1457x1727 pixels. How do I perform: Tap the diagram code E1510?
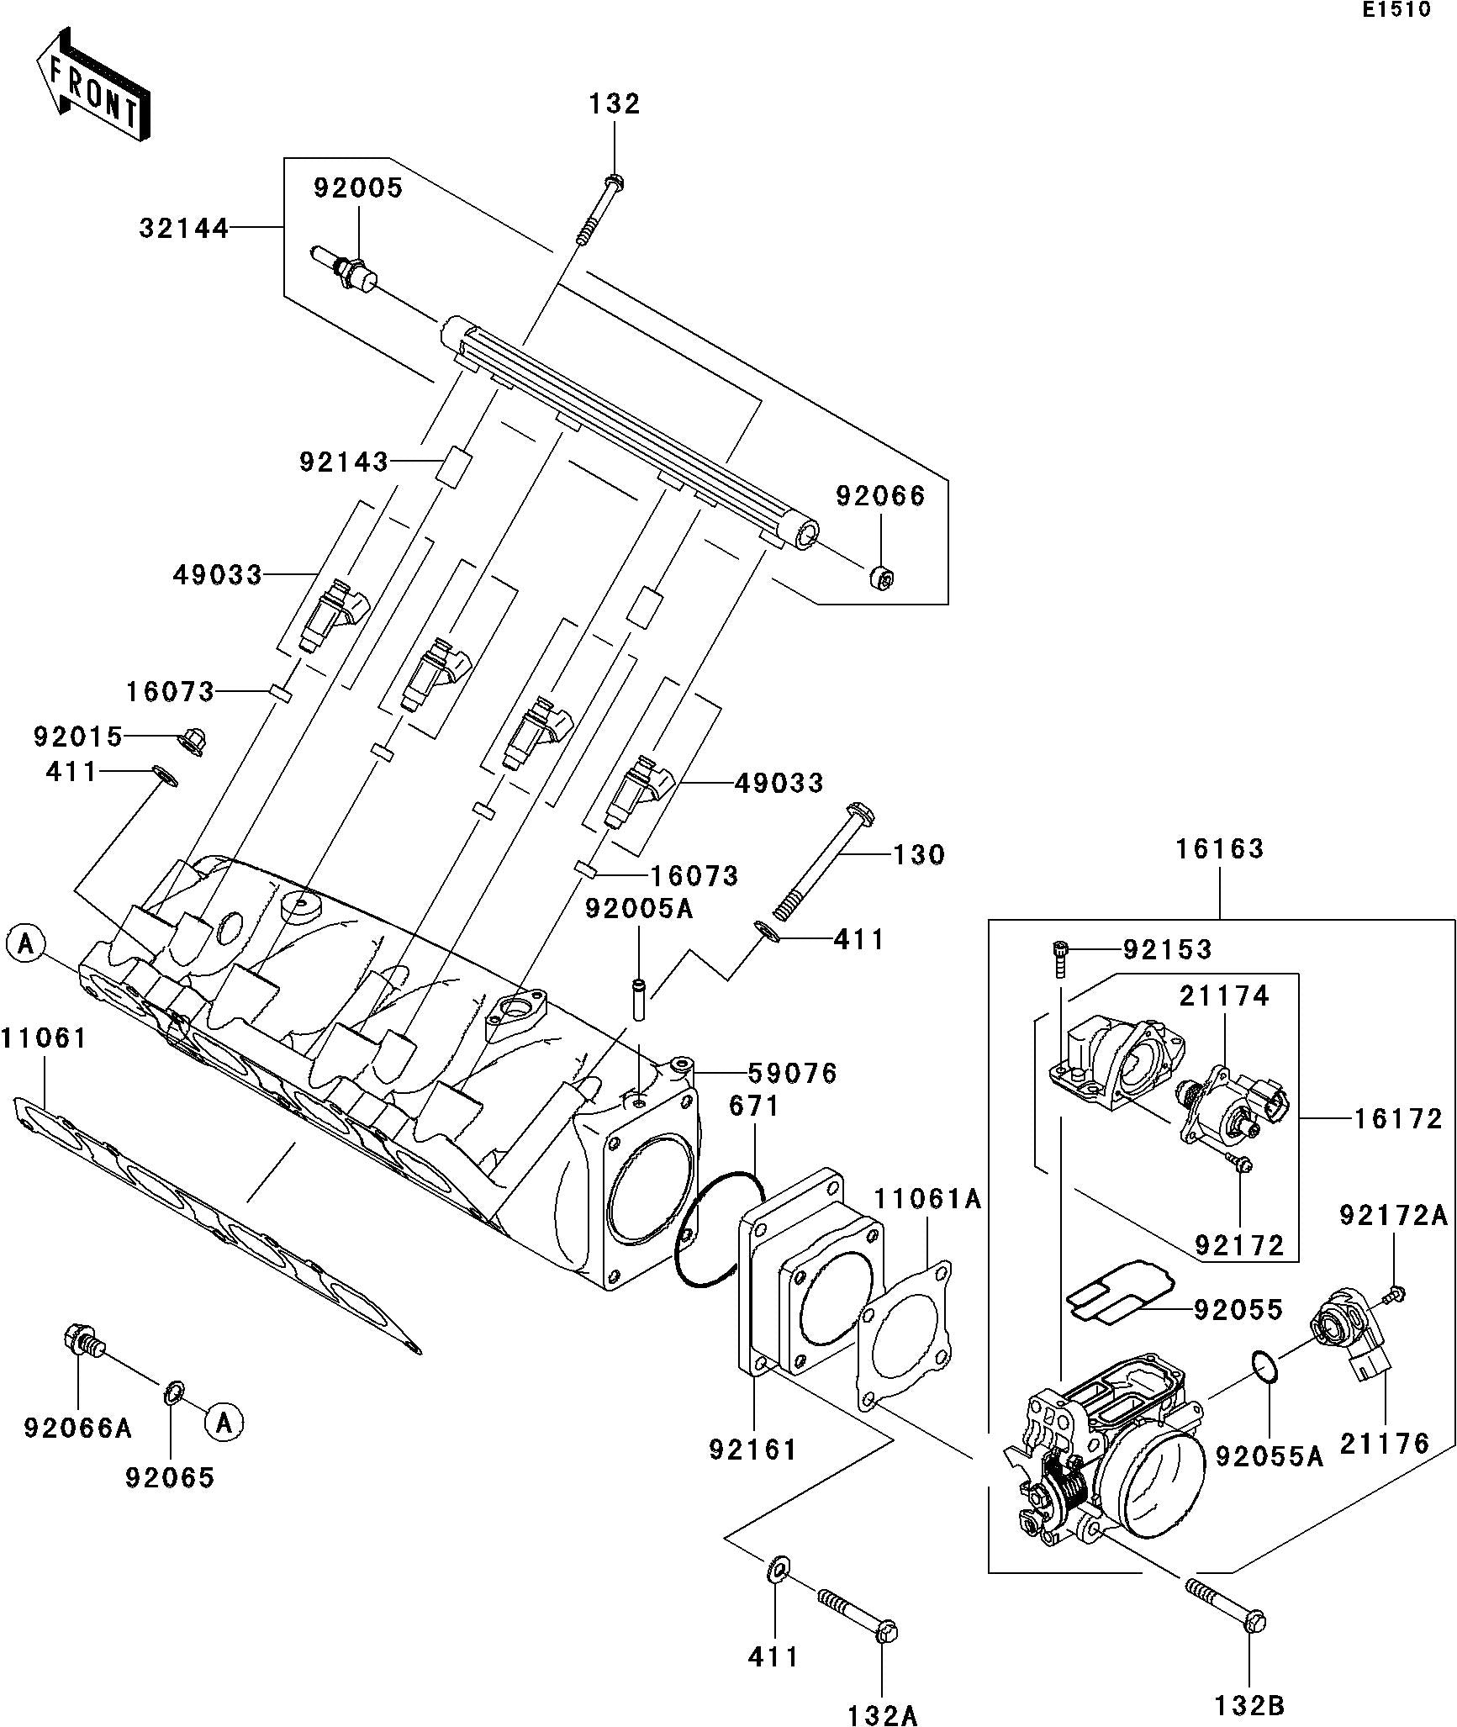coord(1396,11)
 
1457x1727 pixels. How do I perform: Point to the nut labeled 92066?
coord(881,577)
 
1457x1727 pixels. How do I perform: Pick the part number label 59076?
coord(793,1073)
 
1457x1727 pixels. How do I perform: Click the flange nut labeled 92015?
coord(193,741)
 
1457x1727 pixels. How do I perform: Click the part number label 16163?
coord(1219,849)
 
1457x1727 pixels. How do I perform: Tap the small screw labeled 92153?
coord(1059,958)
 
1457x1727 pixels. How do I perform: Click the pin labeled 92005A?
coord(639,999)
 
